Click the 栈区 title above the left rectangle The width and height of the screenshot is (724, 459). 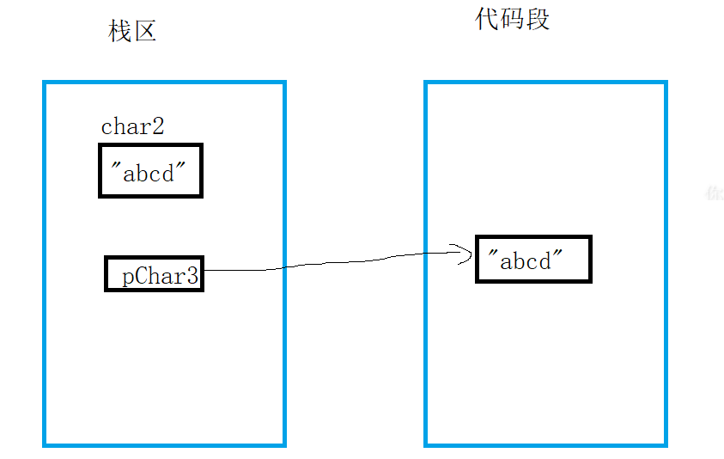132,32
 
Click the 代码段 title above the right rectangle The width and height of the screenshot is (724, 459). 512,19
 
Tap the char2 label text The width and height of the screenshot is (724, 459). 132,127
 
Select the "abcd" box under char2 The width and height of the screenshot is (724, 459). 150,171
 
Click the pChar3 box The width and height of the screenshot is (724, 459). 155,274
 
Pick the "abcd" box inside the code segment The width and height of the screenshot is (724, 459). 533,259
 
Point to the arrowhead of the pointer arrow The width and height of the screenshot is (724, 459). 472,252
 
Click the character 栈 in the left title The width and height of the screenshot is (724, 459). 119,32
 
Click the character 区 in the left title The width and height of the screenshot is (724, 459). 144,32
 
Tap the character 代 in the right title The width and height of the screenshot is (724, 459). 487,19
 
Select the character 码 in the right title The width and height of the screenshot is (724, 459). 512,19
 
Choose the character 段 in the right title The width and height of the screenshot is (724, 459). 538,19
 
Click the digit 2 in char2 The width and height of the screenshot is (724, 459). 157,127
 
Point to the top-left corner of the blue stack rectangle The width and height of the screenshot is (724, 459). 45,83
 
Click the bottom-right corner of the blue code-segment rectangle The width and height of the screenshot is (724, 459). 666,445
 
